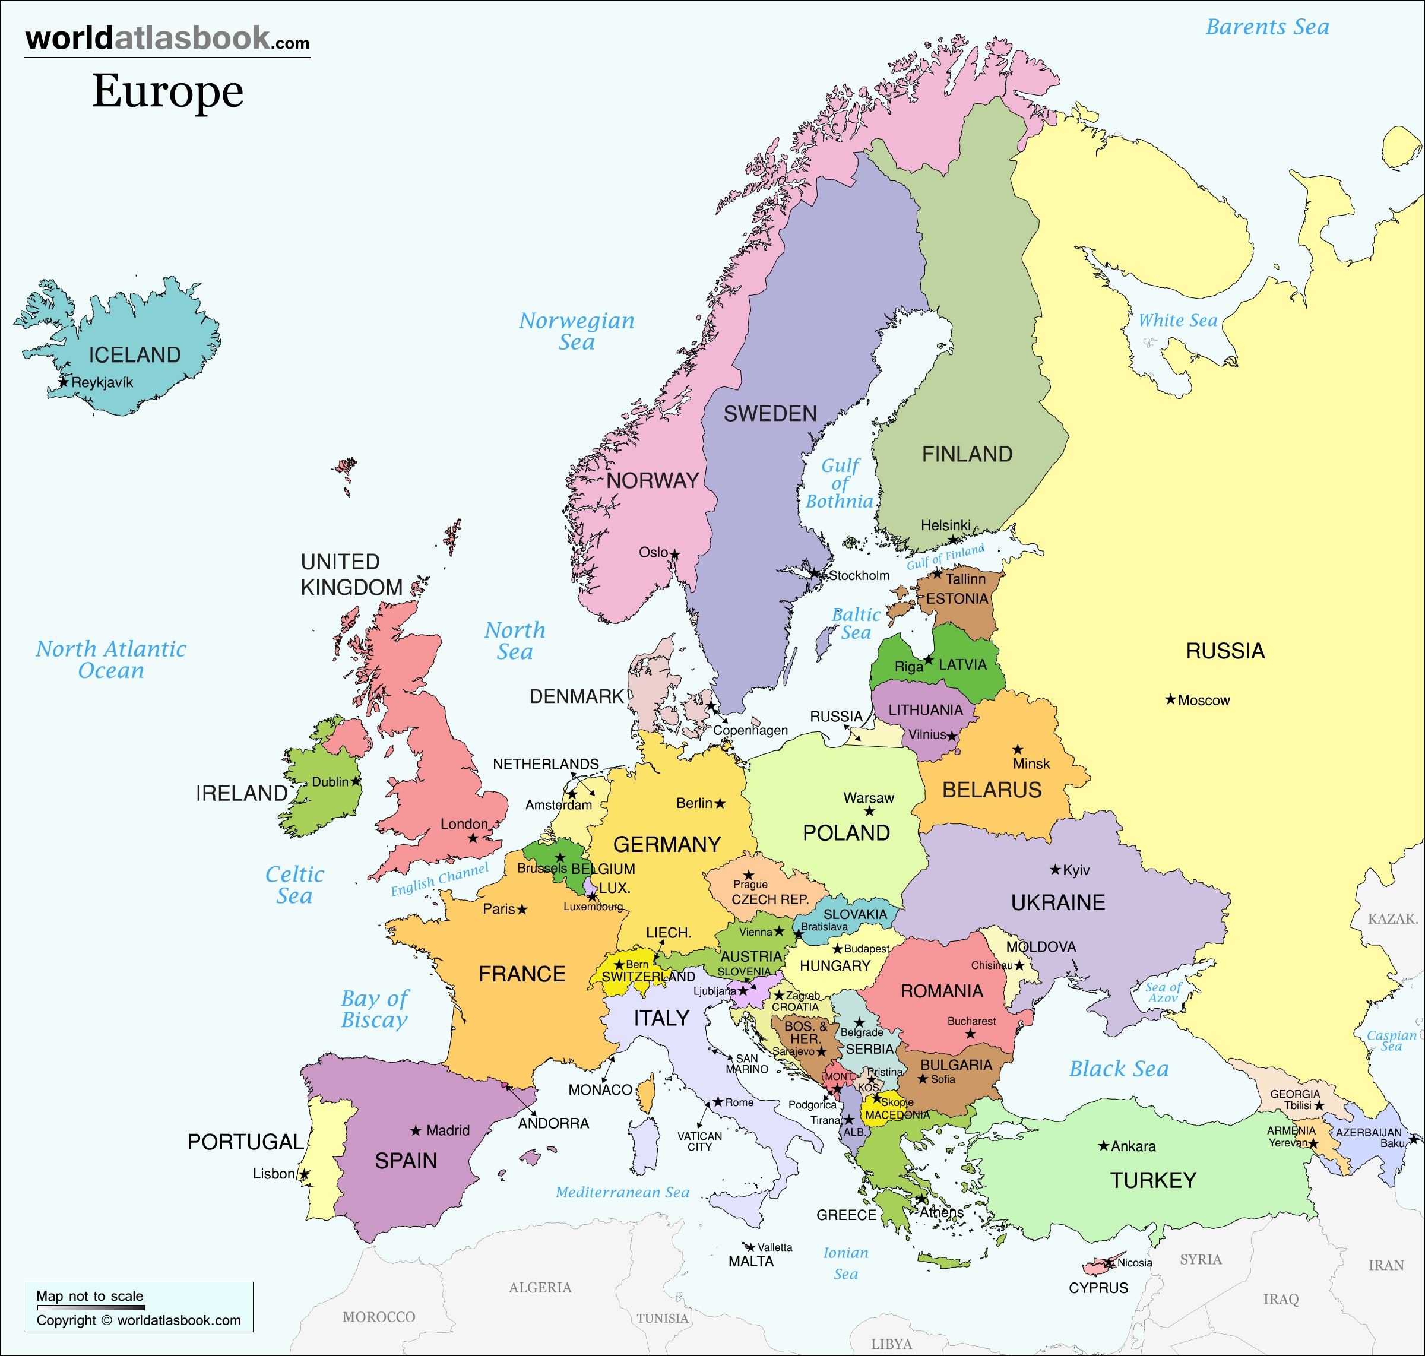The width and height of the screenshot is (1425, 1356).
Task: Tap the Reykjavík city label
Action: tap(102, 382)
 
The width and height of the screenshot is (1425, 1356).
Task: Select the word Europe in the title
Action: tap(167, 92)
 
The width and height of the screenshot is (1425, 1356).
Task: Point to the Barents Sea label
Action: tap(1268, 27)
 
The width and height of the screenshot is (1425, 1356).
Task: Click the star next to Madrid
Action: tap(416, 1130)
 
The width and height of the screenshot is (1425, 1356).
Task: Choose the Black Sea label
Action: tap(1119, 1069)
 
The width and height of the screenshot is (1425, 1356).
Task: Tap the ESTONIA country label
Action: tap(957, 598)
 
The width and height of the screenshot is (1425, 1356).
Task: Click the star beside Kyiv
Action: tap(1055, 870)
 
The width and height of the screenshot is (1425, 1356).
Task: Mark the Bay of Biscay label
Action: tap(374, 1009)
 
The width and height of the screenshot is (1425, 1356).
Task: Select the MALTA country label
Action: tap(750, 1262)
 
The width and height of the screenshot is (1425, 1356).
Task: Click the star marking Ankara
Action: tap(1103, 1146)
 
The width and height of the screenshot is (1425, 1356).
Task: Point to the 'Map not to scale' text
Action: tap(90, 1296)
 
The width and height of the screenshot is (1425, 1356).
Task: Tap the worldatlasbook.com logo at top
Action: tap(167, 39)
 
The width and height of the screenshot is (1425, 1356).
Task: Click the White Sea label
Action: tap(1178, 320)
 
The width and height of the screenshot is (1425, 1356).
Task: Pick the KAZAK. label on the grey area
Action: tap(1392, 918)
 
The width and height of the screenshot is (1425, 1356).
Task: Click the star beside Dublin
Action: tap(356, 781)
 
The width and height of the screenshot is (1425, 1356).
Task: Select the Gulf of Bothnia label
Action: tap(840, 483)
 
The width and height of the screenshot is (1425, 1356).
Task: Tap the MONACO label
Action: tap(600, 1090)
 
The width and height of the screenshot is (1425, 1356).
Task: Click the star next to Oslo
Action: tap(674, 555)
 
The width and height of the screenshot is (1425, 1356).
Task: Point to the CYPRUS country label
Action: tap(1098, 1288)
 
